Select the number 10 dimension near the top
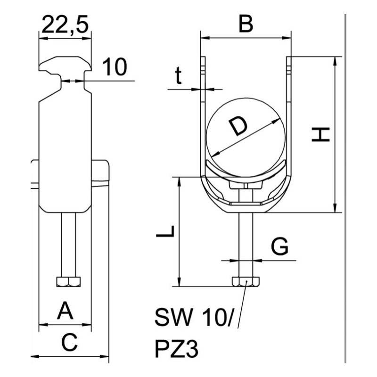pyautogui.click(x=115, y=67)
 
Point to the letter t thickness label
pyautogui.click(x=178, y=75)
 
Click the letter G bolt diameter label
pyautogui.click(x=280, y=247)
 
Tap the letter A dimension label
pyautogui.click(x=66, y=311)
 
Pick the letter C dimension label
pyautogui.click(x=69, y=343)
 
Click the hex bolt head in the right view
pyautogui.click(x=245, y=282)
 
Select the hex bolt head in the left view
pyautogui.click(x=68, y=282)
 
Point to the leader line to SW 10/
pyautogui.click(x=242, y=306)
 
